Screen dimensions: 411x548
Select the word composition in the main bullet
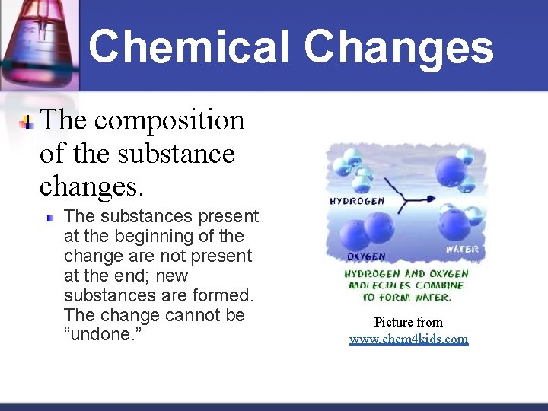click(x=170, y=120)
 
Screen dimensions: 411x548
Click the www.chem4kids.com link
click(x=409, y=339)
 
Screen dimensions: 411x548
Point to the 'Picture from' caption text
click(x=409, y=322)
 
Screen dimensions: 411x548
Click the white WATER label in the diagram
click(x=461, y=249)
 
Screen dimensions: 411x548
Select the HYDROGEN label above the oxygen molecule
click(x=357, y=202)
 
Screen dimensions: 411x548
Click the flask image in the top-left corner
click(x=38, y=38)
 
